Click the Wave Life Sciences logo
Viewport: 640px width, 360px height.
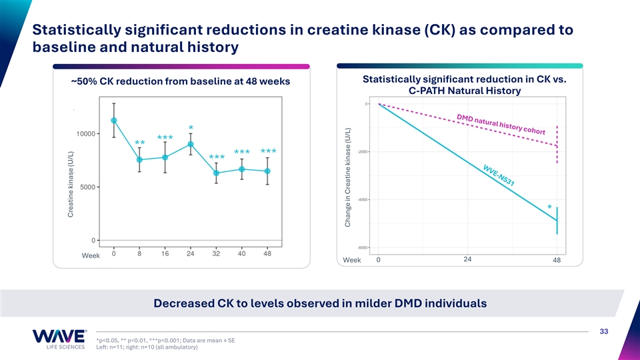click(x=59, y=339)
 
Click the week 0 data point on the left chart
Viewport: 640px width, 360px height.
click(x=114, y=121)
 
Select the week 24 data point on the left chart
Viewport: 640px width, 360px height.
click(x=191, y=144)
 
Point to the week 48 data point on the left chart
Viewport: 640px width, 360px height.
click(x=267, y=171)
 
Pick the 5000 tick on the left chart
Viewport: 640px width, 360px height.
click(x=87, y=187)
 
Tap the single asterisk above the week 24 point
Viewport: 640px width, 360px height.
click(x=191, y=128)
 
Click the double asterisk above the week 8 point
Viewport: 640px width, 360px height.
click(x=139, y=144)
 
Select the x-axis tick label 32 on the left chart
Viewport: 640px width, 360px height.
click(x=216, y=253)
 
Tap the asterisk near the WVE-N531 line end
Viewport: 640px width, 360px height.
click(x=549, y=207)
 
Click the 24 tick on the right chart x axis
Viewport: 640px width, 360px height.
click(x=467, y=259)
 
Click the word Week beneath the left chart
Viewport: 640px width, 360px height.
click(x=91, y=256)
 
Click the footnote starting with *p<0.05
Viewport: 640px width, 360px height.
click(x=165, y=340)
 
